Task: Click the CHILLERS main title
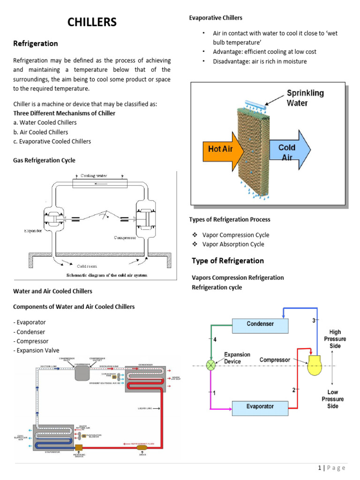[x=92, y=22]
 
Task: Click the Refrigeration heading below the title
[x=36, y=44]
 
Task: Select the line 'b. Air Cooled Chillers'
[x=41, y=132]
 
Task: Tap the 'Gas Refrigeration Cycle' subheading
[x=44, y=160]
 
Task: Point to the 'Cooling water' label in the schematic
[x=94, y=176]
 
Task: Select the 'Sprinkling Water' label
[x=305, y=97]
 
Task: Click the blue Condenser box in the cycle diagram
[x=260, y=324]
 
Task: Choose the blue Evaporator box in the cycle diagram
[x=260, y=406]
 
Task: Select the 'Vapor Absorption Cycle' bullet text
[x=233, y=244]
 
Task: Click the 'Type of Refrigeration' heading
[x=228, y=261]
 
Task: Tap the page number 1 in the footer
[x=319, y=467]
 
